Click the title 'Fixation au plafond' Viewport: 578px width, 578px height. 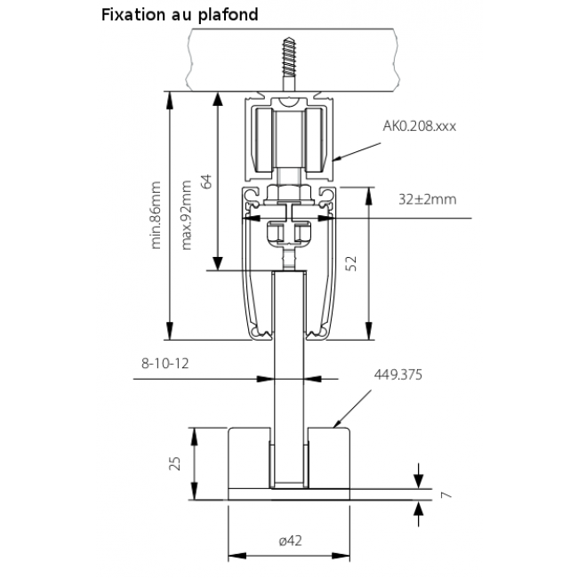click(x=180, y=14)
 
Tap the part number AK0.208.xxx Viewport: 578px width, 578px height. click(x=419, y=126)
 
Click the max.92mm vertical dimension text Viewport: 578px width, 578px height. click(x=186, y=216)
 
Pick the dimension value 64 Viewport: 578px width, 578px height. click(x=206, y=181)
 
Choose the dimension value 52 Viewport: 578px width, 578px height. click(x=350, y=263)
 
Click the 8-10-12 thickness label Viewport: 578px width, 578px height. click(x=167, y=364)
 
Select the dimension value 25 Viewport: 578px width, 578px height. click(x=175, y=462)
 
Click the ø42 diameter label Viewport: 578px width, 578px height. click(x=291, y=539)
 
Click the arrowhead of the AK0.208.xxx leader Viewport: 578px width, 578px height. click(x=339, y=160)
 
